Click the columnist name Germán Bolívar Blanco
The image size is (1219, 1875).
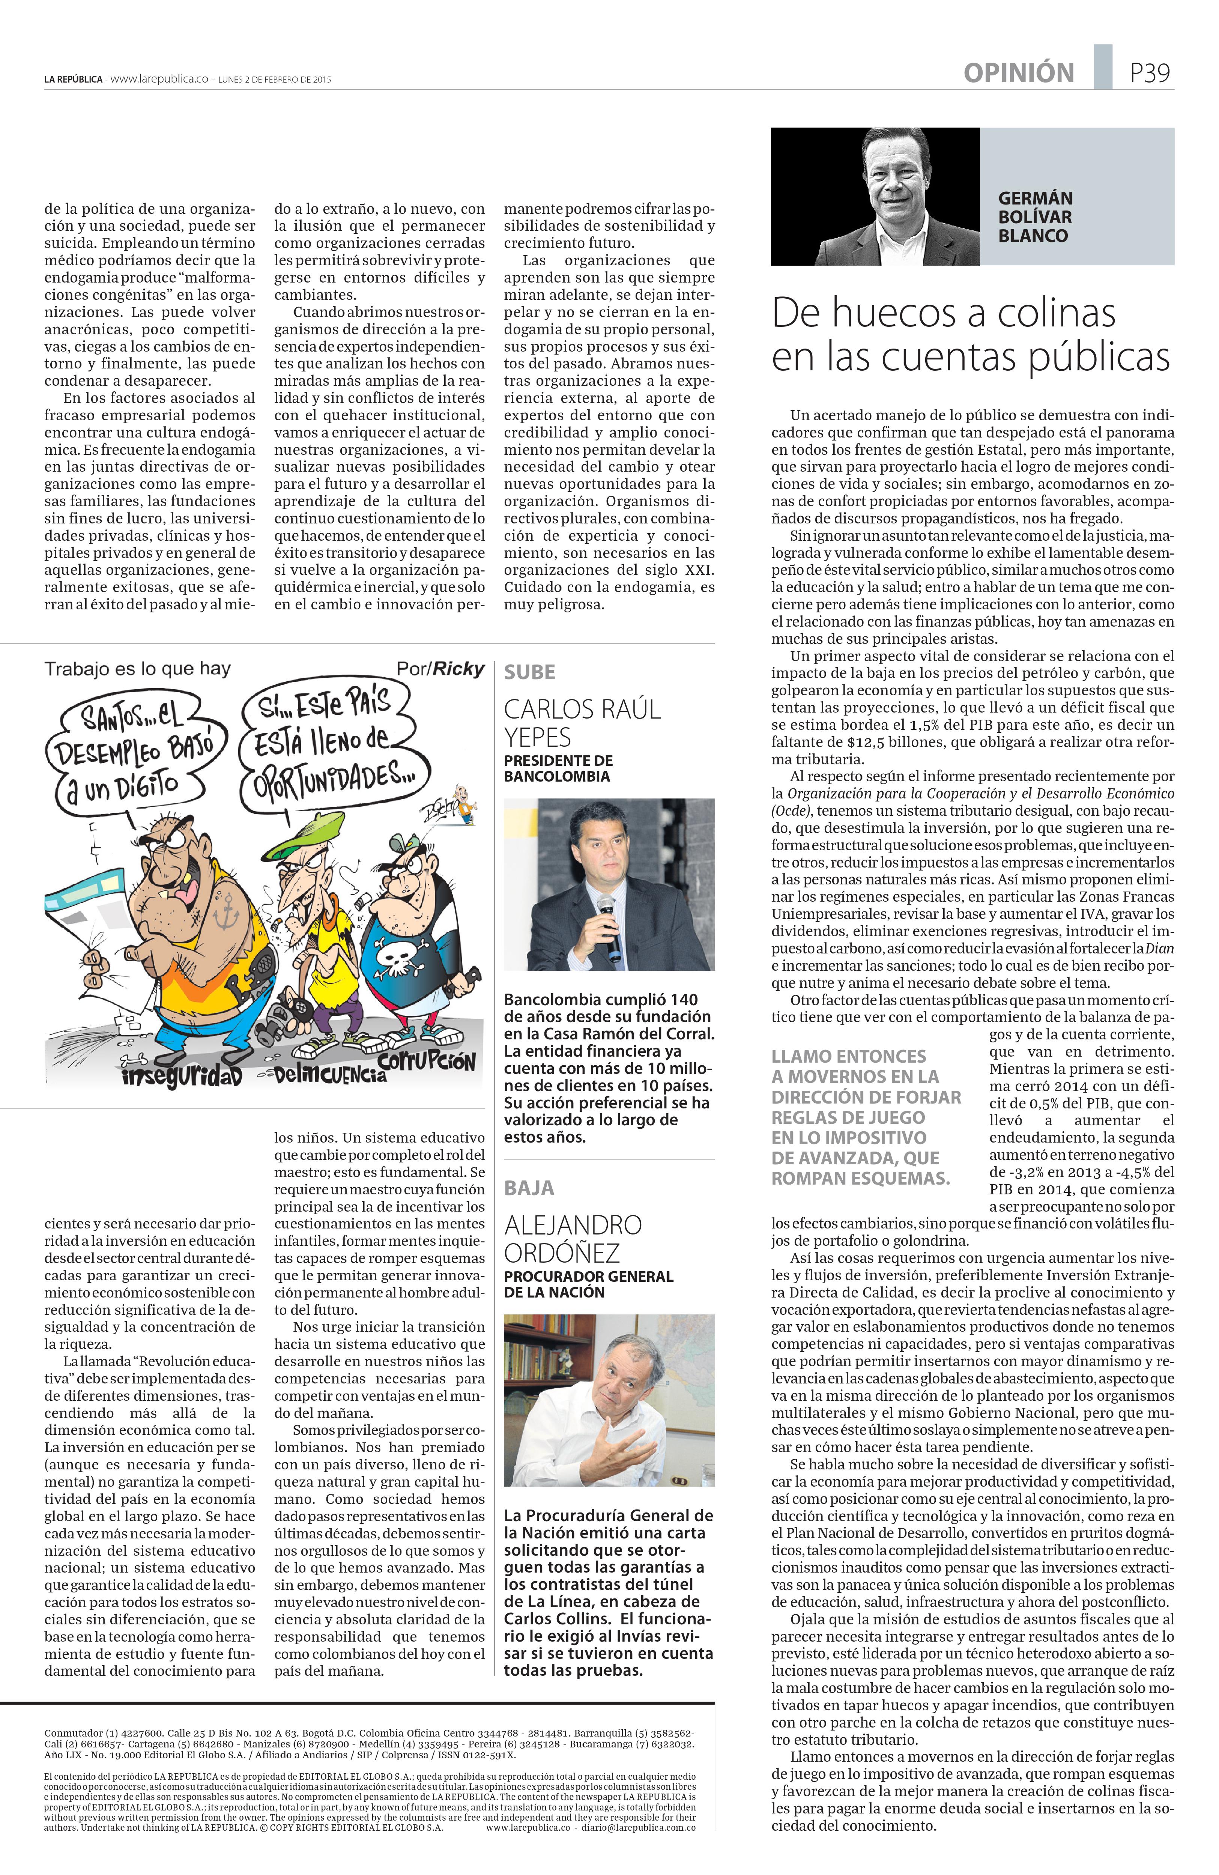click(x=1035, y=217)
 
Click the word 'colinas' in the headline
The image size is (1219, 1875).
click(x=1056, y=313)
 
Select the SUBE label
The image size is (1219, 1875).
click(x=529, y=672)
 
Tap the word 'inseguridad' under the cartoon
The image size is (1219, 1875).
click(x=181, y=1075)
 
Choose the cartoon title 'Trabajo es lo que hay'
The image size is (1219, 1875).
click(x=138, y=669)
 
